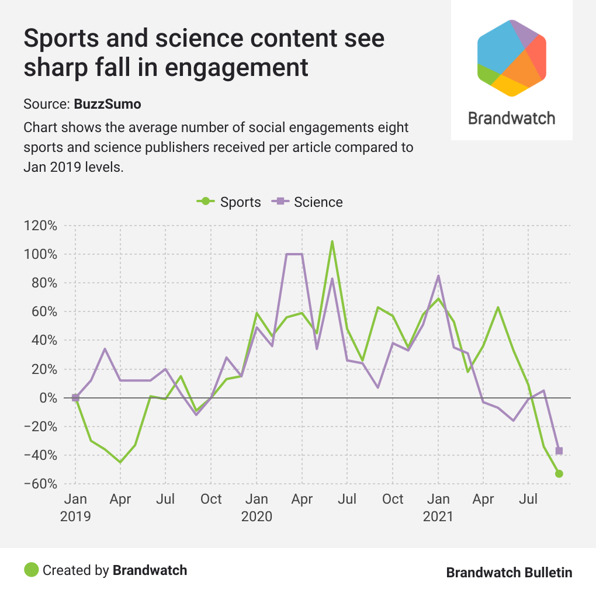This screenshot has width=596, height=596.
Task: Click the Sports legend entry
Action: click(x=229, y=202)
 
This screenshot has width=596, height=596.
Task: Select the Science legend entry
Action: click(x=308, y=202)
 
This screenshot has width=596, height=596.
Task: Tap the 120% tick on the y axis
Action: click(x=41, y=226)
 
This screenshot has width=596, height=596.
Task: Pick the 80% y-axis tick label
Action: click(x=43, y=283)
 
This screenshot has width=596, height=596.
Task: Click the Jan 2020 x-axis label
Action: click(x=257, y=508)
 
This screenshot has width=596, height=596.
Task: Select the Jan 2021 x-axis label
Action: click(x=438, y=508)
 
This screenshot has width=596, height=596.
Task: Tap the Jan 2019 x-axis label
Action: click(x=75, y=508)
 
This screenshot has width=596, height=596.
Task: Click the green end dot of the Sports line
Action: click(x=559, y=473)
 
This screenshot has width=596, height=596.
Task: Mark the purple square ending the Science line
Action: click(x=559, y=451)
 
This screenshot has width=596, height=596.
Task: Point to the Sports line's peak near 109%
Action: click(x=332, y=241)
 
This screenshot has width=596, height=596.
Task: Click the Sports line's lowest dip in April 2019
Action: click(x=120, y=462)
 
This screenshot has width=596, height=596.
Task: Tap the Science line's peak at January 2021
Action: click(x=438, y=276)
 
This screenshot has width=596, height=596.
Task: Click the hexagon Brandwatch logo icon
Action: click(x=511, y=57)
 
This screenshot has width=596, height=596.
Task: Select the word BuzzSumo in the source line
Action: click(x=108, y=105)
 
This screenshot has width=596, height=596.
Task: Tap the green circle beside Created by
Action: click(x=32, y=570)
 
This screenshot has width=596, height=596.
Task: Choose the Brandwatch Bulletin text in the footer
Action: click(x=509, y=572)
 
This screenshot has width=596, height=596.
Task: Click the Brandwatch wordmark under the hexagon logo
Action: click(x=512, y=118)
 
